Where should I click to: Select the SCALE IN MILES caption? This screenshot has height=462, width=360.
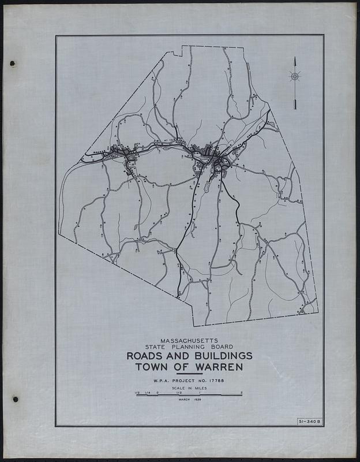click(x=189, y=389)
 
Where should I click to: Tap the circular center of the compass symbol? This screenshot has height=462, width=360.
click(x=294, y=76)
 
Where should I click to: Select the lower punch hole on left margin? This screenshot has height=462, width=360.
click(x=16, y=398)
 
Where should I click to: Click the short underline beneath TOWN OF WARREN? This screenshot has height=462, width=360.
click(x=189, y=374)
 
